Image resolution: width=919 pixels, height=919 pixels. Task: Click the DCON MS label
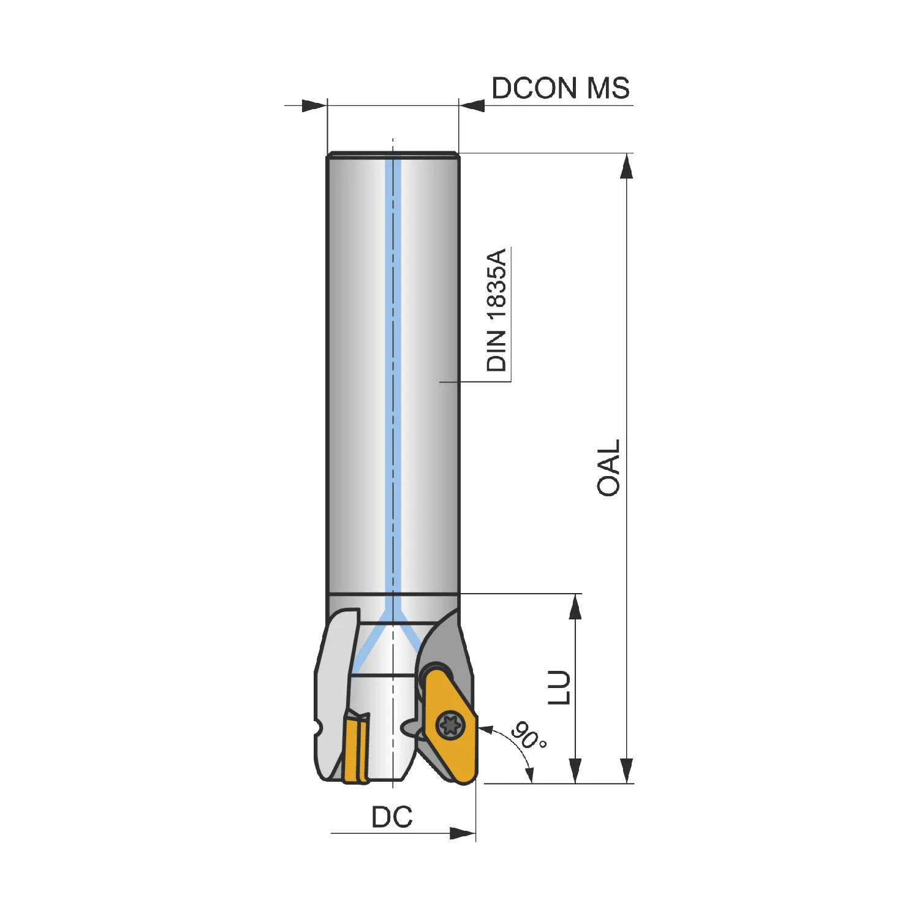pos(561,88)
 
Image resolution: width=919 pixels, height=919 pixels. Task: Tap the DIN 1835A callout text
pos(497,310)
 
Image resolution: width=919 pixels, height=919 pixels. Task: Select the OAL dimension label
pos(608,467)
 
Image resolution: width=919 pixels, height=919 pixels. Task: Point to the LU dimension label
pos(559,687)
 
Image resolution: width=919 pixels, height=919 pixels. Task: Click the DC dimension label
pos(392,817)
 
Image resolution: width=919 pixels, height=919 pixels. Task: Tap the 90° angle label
pos(528,735)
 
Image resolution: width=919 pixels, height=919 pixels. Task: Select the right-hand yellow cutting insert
pos(451,727)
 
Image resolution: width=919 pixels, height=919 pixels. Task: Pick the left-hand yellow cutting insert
pos(356,748)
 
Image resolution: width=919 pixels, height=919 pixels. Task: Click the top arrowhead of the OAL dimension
pos(626,166)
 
